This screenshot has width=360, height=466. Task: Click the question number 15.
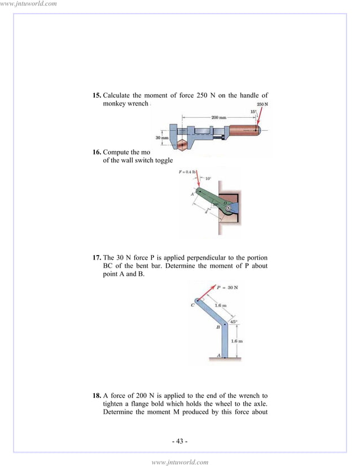tap(97, 95)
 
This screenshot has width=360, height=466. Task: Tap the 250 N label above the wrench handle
tap(262, 104)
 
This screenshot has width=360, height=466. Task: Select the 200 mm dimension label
tap(219, 117)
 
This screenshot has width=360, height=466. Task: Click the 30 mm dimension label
tap(162, 137)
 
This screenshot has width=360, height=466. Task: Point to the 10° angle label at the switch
tap(208, 179)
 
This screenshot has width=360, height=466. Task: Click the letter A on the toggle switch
tap(192, 194)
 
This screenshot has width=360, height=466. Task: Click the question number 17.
tap(97, 258)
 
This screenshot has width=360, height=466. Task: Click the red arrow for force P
tap(207, 294)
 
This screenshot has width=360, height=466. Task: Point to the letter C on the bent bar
tap(193, 305)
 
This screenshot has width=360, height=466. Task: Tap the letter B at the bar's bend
tap(218, 327)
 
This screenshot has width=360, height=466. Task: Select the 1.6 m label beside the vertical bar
tap(238, 341)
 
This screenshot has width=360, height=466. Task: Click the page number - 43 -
tap(179, 441)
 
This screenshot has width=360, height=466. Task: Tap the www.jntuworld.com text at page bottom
tap(180, 461)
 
